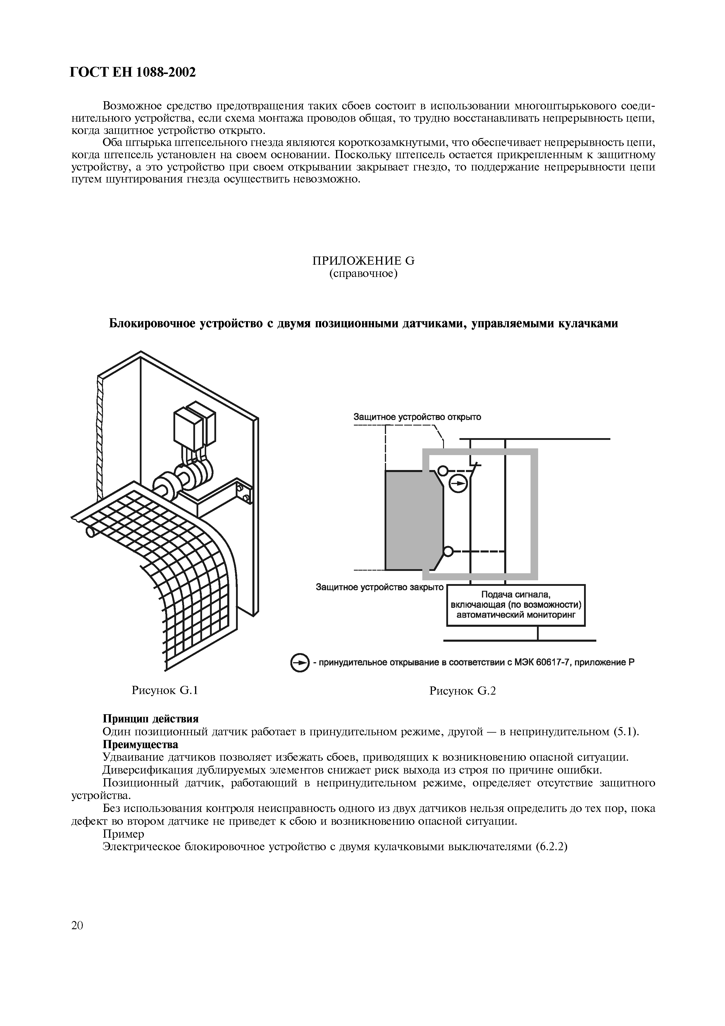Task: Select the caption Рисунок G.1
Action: pos(165,691)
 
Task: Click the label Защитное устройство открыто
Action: pos(417,417)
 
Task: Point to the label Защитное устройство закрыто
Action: pos(380,587)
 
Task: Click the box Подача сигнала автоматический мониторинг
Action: pos(516,605)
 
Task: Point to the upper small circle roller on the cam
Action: pos(443,471)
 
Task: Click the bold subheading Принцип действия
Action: pos(151,719)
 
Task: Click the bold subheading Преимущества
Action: pos(140,744)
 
